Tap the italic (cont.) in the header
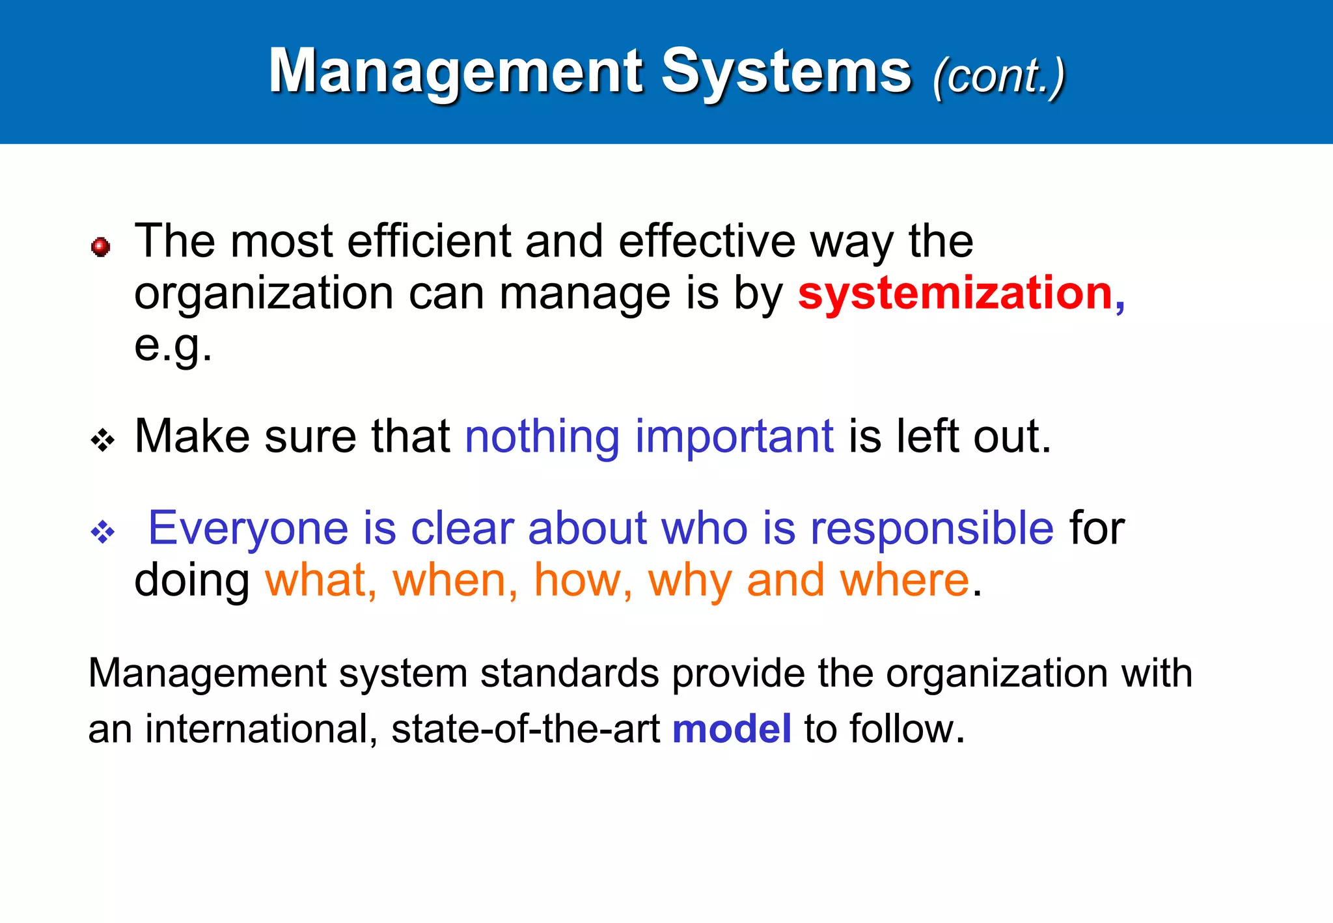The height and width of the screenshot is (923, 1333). point(999,76)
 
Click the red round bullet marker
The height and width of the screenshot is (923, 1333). point(100,247)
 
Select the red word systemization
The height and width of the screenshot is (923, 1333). point(955,294)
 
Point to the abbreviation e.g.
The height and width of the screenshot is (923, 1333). point(172,345)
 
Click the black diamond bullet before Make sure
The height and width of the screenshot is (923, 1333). point(103,441)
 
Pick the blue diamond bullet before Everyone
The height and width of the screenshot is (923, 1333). point(103,532)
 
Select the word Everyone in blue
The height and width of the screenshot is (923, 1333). point(248,528)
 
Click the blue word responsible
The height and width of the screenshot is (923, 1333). point(931,528)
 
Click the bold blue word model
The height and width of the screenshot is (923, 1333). point(732,728)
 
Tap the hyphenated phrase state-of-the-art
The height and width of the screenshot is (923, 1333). point(525,728)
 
